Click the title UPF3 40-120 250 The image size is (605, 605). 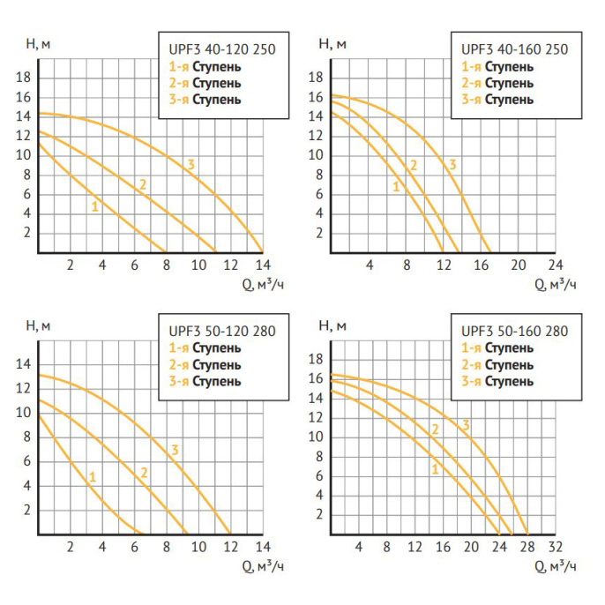(x=222, y=50)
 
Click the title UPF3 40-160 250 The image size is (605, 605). (x=515, y=49)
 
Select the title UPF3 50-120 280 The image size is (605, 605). (x=222, y=332)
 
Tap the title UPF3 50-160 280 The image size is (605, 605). (x=515, y=332)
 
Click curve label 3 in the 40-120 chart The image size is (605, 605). (x=190, y=165)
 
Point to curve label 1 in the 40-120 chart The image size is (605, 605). (x=94, y=206)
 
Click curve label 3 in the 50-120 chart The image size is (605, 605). (x=176, y=451)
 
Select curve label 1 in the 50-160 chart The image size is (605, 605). (x=435, y=469)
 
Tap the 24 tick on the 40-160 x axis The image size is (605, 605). (x=555, y=265)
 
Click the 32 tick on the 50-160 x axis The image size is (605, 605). (x=555, y=547)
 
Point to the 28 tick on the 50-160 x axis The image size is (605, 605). (x=527, y=547)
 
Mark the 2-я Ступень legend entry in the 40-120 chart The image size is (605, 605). (x=203, y=83)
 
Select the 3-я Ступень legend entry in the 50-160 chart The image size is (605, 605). (x=497, y=381)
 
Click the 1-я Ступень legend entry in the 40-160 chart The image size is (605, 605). (x=497, y=66)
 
